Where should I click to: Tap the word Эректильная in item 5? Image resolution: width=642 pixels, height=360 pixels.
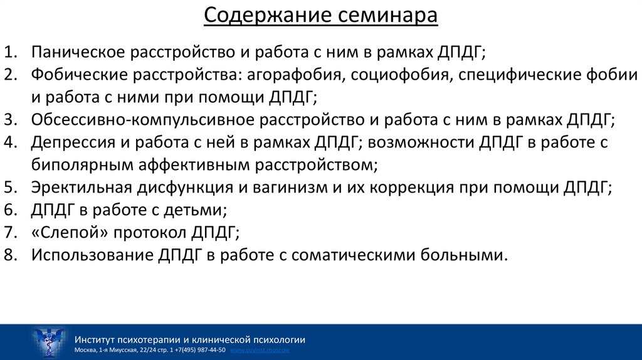(x=81, y=188)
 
